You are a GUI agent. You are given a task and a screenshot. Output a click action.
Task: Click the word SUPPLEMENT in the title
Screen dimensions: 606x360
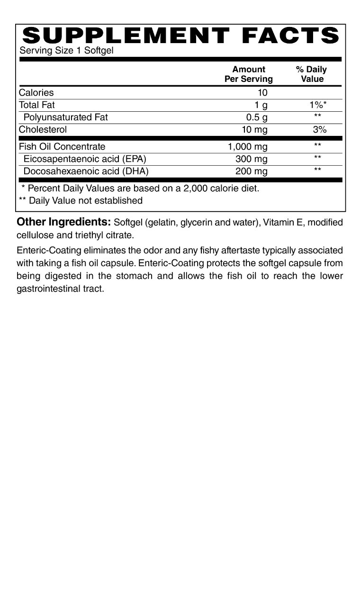point(122,36)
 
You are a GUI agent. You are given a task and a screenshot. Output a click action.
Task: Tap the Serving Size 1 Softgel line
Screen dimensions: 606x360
point(66,51)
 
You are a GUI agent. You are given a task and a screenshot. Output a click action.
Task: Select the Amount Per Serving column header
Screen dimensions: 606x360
point(249,74)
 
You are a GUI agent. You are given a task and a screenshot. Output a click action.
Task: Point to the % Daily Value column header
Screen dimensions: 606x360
point(312,74)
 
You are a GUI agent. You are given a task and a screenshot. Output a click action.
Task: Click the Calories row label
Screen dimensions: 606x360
point(36,93)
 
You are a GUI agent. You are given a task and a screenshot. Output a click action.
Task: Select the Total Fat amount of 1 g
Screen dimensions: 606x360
point(261,105)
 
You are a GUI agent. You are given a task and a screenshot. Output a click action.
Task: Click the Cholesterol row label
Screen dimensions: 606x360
point(43,130)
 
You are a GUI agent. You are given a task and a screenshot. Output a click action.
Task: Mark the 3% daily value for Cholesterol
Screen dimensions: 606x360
point(320,130)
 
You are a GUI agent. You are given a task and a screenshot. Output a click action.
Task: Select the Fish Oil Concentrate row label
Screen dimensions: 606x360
point(62,147)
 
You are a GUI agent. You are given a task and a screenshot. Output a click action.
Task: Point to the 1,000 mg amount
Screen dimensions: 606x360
point(248,147)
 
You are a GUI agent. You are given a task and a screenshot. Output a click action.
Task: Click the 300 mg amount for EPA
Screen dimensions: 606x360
point(252,159)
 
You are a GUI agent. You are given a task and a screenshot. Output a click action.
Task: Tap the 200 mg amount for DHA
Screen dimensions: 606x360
point(252,171)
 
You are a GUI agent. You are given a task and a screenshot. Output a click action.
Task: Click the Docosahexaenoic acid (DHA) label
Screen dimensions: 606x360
point(86,171)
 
